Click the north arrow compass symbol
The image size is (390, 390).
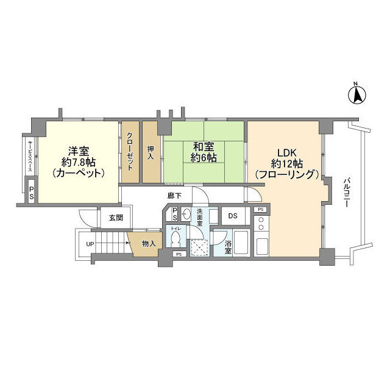click(359, 94)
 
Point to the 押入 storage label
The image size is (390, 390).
click(151, 152)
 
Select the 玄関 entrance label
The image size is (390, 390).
click(116, 218)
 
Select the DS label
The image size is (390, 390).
click(233, 215)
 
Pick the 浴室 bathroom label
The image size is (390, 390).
click(227, 249)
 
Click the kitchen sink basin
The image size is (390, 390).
click(262, 247)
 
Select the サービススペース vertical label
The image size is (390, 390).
click(29, 160)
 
